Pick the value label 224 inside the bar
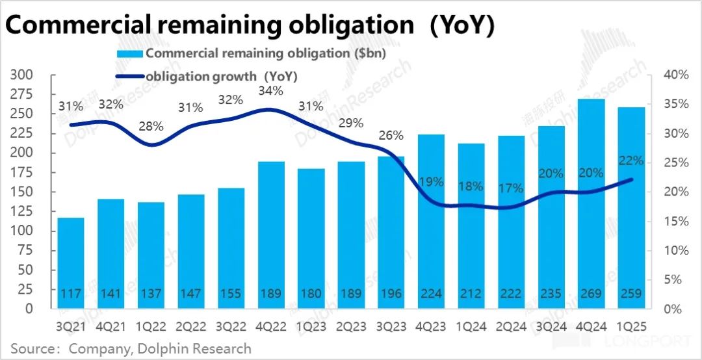coord(431,294)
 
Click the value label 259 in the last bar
coord(631,294)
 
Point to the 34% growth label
coord(270,91)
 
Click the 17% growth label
coord(512,188)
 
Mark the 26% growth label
coord(391,136)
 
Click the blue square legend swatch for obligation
coord(130,54)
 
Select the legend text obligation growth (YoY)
coord(222,76)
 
